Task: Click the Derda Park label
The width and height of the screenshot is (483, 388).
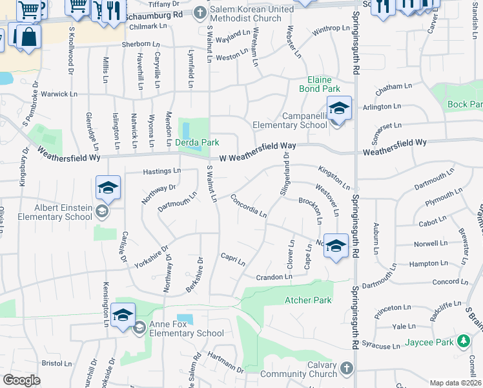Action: pos(198,142)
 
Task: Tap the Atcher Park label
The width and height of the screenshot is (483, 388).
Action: pos(307,300)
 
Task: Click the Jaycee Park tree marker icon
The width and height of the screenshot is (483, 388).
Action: pos(463,341)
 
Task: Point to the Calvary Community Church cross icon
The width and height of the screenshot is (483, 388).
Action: pos(346,369)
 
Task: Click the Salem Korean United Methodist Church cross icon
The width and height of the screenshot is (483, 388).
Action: pos(200,13)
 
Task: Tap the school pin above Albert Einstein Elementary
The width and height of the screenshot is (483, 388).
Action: pos(108,188)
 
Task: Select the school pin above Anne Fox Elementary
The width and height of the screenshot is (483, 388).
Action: pos(123,316)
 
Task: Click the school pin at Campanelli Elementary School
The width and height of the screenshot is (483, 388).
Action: pos(339,109)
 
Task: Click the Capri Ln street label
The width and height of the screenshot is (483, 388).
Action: pos(232,259)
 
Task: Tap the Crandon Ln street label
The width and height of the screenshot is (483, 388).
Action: pos(274,277)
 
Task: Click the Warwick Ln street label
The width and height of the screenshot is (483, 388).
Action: pos(59,94)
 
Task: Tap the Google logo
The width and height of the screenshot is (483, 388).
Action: pos(22,380)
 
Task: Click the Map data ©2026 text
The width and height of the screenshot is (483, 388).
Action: pos(455,383)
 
